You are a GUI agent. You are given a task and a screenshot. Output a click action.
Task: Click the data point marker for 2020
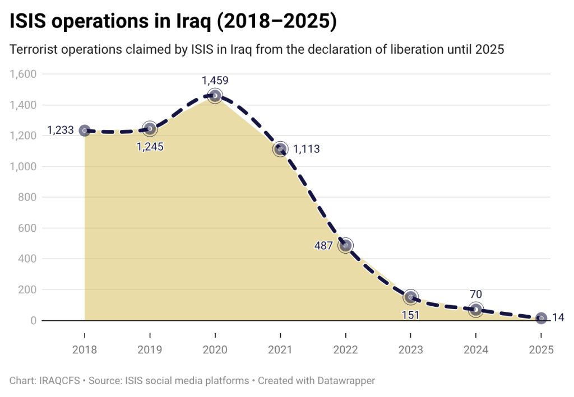[215, 96]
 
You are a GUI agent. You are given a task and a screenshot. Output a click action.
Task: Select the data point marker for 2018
[85, 130]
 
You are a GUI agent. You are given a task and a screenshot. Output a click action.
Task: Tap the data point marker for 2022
[346, 245]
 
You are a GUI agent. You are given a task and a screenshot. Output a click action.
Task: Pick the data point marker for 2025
[541, 319]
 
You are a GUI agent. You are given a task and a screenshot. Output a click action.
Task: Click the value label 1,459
[215, 81]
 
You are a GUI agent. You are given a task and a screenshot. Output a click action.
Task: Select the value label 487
[323, 245]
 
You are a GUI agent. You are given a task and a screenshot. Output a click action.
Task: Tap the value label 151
[410, 314]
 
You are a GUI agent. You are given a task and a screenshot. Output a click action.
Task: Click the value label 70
[475, 295]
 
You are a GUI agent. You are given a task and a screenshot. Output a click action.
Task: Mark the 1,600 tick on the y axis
[23, 74]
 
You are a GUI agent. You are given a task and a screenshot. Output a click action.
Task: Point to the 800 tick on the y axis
[27, 197]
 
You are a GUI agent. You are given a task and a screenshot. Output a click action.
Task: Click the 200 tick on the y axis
[27, 290]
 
